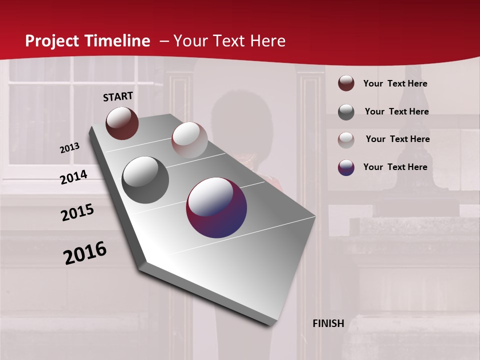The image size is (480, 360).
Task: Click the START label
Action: (x=118, y=96)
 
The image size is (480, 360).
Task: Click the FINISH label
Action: (x=328, y=323)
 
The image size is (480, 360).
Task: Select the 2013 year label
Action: (x=69, y=148)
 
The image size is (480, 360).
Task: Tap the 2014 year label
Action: (x=74, y=177)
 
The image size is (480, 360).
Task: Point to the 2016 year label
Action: (x=85, y=253)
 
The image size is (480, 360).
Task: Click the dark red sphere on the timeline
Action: (x=122, y=123)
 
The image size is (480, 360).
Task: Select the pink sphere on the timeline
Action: (x=189, y=140)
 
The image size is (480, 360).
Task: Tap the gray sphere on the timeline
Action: (x=145, y=179)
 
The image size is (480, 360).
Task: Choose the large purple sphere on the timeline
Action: (x=216, y=207)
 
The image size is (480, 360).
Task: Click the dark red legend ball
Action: (x=346, y=83)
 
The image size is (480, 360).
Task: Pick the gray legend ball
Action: (x=346, y=111)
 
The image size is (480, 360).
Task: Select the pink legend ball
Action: (x=346, y=139)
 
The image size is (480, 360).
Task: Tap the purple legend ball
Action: (x=346, y=167)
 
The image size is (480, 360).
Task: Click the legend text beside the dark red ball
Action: (x=395, y=84)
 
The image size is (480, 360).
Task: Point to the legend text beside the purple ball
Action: (x=395, y=167)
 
